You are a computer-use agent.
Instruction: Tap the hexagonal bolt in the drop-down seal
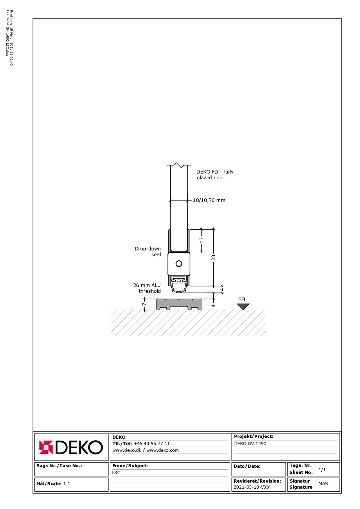click(179, 264)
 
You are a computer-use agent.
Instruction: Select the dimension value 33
click(213, 258)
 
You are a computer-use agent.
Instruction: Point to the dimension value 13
click(201, 240)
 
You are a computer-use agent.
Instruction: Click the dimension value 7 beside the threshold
click(144, 304)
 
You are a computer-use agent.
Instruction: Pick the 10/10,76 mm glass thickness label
click(209, 200)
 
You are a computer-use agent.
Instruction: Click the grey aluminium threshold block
click(179, 304)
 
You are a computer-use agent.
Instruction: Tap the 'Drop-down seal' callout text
click(147, 252)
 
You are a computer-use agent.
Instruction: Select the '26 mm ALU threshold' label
click(147, 288)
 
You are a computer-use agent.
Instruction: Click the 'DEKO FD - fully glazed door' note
click(215, 175)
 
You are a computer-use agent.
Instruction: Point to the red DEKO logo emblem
click(46, 447)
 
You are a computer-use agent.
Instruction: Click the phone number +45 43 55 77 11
click(152, 443)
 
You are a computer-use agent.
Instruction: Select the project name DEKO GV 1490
click(250, 443)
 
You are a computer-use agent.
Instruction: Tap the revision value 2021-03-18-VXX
click(252, 487)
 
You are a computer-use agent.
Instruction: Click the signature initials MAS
click(323, 483)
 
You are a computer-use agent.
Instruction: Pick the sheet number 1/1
click(322, 470)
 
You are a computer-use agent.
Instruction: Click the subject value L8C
click(116, 472)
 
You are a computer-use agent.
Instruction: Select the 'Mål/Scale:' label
click(49, 483)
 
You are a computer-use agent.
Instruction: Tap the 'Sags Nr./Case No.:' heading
click(59, 466)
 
